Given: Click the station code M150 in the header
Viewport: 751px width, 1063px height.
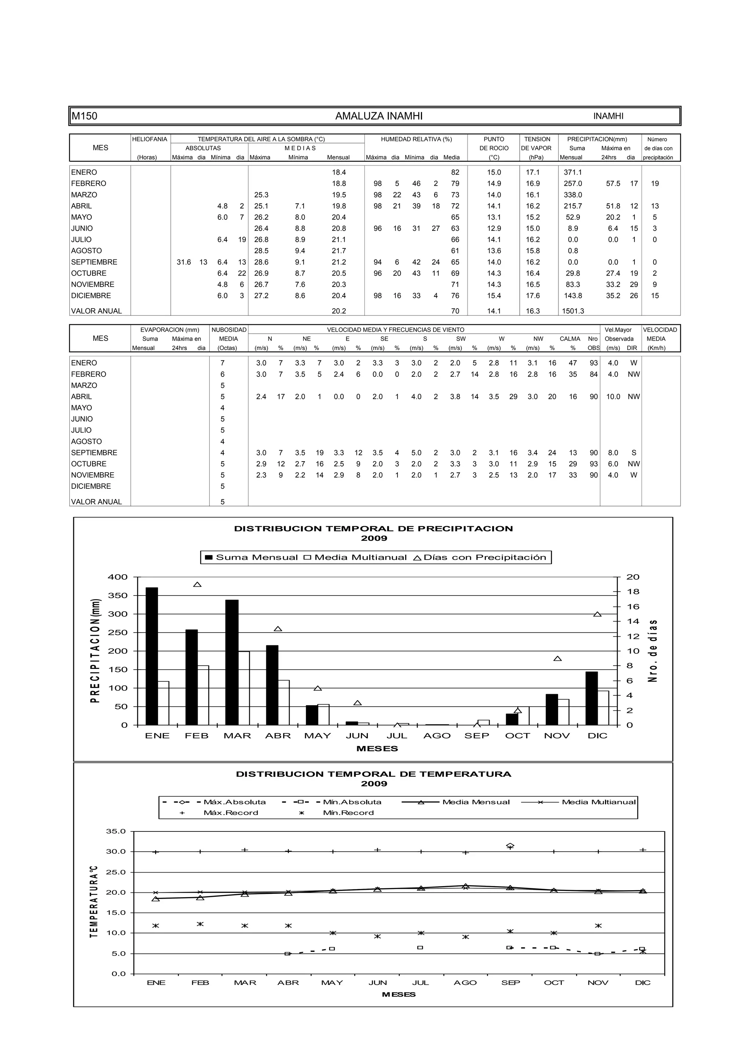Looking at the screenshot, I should [84, 116].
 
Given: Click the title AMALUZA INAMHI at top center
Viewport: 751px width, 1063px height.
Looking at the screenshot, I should [378, 116].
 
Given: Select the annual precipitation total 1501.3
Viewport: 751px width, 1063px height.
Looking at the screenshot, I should [573, 311].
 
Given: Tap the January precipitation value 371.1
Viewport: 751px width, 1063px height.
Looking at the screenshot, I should [573, 172].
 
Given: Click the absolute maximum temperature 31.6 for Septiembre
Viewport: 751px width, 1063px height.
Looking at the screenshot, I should [184, 262].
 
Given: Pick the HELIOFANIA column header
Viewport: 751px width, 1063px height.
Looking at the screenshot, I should [150, 139].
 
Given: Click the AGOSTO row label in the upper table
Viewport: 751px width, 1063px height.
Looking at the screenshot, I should [87, 251].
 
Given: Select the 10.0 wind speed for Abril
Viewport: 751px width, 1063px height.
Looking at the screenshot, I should [613, 397].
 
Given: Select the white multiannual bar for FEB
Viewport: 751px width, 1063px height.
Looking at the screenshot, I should [203, 695].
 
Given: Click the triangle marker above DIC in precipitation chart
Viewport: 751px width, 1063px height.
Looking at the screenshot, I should [597, 614].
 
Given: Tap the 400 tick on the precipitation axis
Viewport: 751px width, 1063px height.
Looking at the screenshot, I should [118, 577].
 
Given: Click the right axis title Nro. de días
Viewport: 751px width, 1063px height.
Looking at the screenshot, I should [652, 651].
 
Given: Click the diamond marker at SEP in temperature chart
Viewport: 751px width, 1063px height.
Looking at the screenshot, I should [510, 846].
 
